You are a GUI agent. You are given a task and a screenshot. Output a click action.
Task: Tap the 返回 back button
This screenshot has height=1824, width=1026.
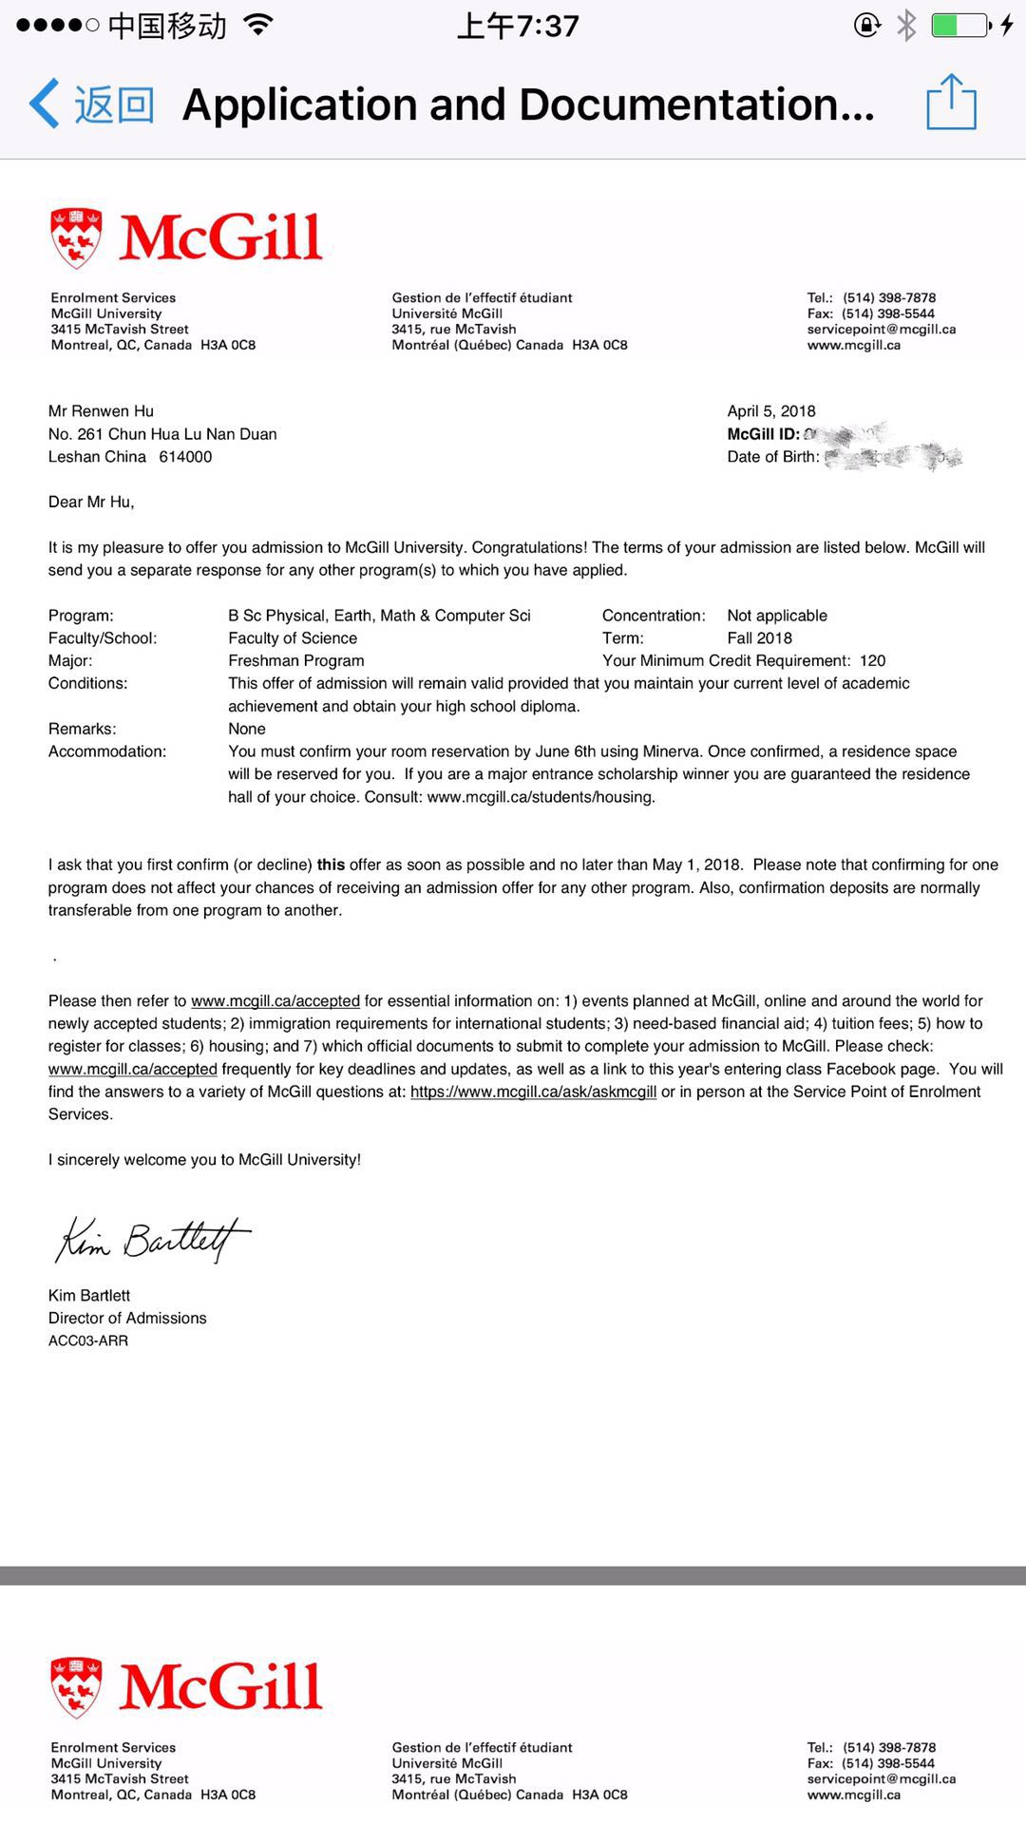92,104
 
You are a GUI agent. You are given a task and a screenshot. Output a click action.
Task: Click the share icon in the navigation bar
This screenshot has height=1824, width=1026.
951,102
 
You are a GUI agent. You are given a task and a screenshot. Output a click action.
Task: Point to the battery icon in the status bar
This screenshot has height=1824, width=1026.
959,25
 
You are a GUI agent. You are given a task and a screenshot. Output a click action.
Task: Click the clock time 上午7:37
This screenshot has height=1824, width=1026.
518,26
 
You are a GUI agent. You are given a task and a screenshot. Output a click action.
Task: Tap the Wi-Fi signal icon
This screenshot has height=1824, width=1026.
256,25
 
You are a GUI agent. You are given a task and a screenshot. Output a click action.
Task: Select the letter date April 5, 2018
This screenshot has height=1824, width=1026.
771,411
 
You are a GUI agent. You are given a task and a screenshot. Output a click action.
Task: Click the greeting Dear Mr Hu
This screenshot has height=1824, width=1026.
91,502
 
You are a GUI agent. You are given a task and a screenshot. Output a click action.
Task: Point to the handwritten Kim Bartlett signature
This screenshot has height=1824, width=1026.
152,1240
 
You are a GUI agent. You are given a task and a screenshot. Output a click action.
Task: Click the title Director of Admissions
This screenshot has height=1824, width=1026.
127,1318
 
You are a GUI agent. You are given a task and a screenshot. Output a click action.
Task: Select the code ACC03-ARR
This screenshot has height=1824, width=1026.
88,1340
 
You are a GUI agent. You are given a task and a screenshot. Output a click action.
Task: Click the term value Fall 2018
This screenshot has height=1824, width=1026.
760,638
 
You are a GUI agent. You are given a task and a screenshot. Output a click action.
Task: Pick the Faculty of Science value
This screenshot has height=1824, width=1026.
293,638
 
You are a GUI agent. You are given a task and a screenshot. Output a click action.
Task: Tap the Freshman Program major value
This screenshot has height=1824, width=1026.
296,661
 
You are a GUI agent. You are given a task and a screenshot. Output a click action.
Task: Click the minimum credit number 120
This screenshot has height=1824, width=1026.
872,661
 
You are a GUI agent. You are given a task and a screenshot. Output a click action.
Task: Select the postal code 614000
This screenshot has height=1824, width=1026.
185,457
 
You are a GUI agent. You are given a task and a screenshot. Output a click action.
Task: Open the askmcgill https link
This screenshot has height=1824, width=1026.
533,1092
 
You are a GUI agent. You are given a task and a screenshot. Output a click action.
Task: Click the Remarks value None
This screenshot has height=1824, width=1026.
247,729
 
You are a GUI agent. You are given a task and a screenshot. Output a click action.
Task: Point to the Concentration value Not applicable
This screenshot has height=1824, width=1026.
777,616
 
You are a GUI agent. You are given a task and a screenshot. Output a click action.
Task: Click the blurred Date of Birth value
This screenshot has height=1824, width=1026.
893,457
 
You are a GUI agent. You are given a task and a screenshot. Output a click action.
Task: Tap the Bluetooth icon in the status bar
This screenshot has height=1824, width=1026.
907,25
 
